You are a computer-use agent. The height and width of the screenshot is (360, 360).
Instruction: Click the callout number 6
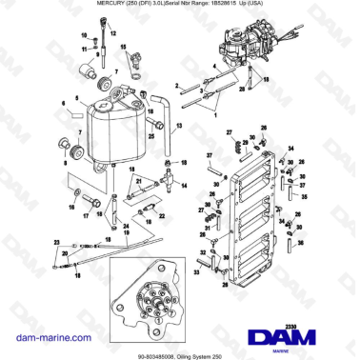pos(63,101)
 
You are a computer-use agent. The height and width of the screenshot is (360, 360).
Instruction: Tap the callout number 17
pos(85,215)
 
